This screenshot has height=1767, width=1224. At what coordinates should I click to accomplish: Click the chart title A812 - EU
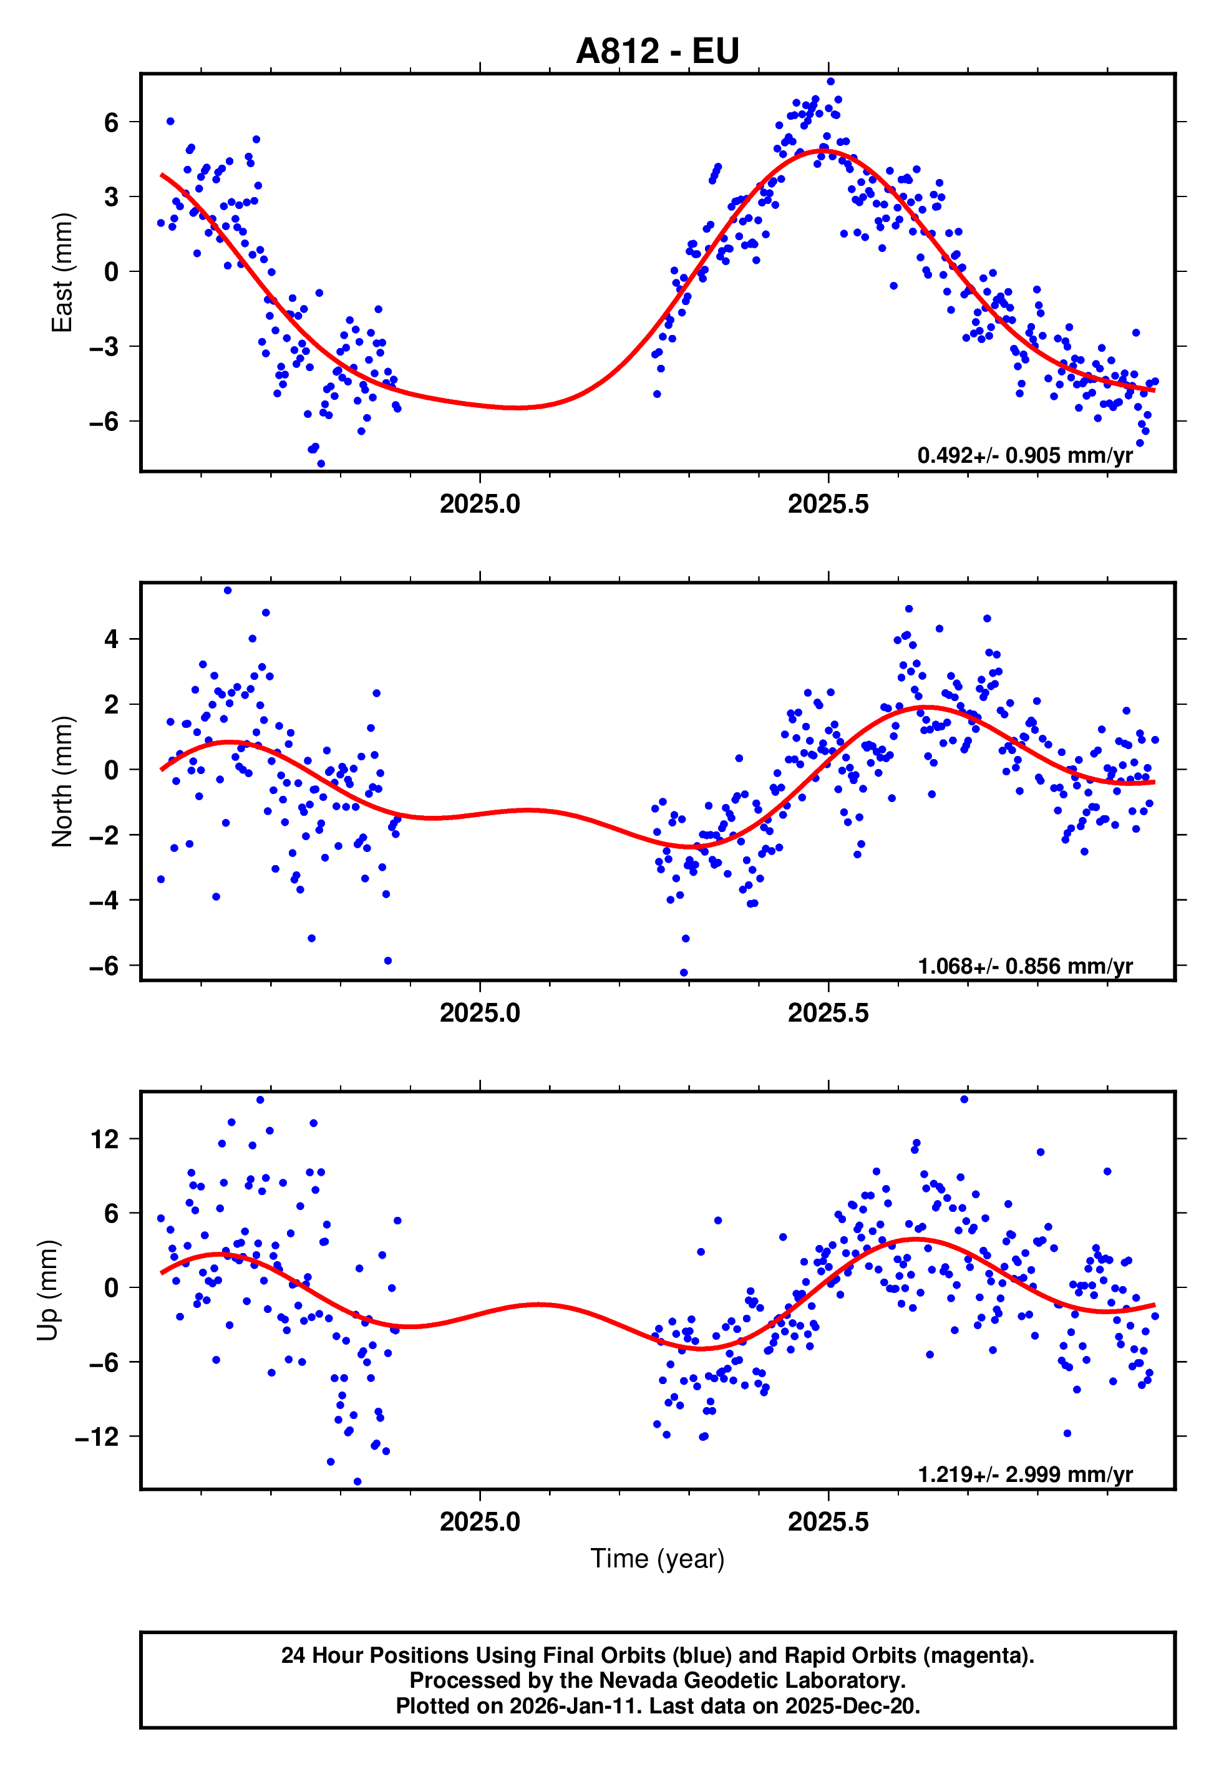pos(658,51)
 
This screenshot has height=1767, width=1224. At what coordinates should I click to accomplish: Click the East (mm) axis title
pos(62,272)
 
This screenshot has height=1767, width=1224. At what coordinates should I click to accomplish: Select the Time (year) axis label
pos(658,1559)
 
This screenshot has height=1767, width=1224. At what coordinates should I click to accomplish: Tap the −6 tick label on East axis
pos(104,421)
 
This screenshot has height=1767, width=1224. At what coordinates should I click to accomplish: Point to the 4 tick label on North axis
pos(112,639)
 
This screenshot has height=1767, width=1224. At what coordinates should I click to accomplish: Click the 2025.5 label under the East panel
pos(828,505)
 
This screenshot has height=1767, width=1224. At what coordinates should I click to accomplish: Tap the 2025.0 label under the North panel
pos(480,1014)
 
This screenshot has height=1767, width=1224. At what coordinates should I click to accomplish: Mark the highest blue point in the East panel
pos(830,81)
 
